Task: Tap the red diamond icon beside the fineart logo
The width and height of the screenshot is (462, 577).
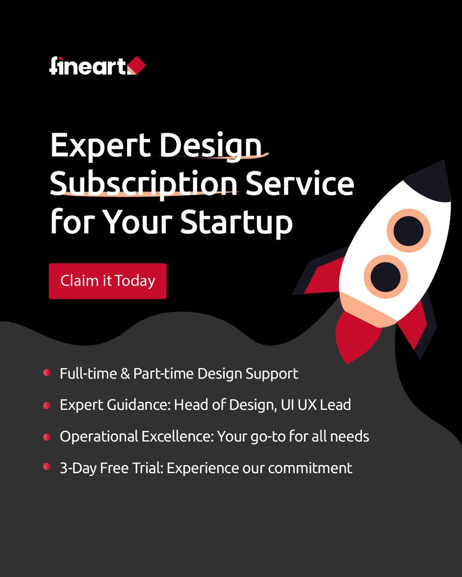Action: point(137,65)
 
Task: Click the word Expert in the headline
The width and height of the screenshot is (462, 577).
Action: point(101,146)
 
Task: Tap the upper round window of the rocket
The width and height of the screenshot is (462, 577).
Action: point(409,230)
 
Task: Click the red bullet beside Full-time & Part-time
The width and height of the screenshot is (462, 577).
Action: point(47,373)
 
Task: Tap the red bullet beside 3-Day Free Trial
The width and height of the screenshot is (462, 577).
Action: point(47,466)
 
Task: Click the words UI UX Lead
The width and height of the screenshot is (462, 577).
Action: point(318,405)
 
